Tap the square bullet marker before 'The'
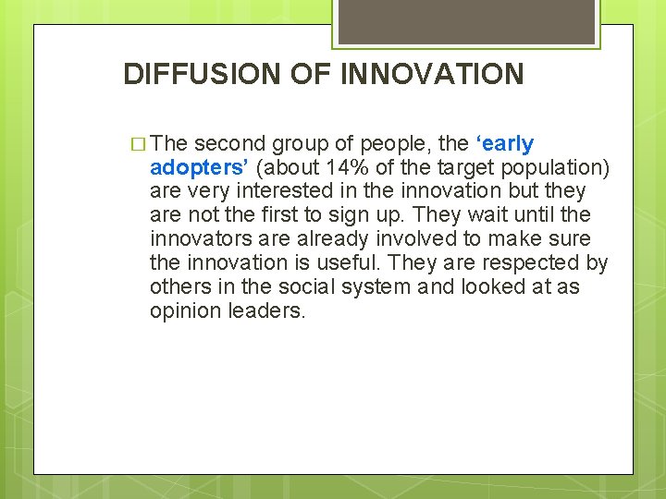coord(139,144)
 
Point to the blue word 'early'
coord(506,143)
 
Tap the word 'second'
coord(230,143)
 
